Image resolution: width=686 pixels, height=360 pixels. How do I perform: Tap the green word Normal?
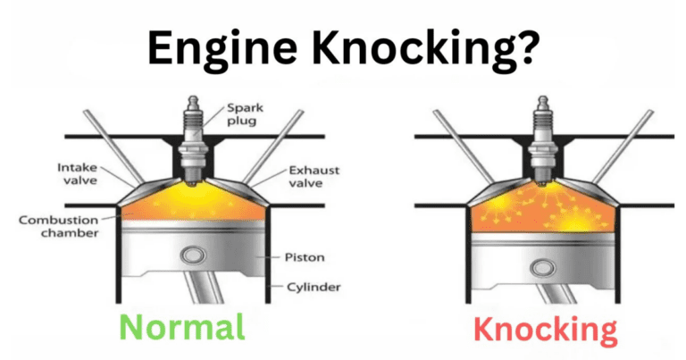point(182,328)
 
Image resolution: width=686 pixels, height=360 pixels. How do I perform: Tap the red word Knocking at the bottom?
point(545,330)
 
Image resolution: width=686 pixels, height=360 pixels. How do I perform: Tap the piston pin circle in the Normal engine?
point(190,256)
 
